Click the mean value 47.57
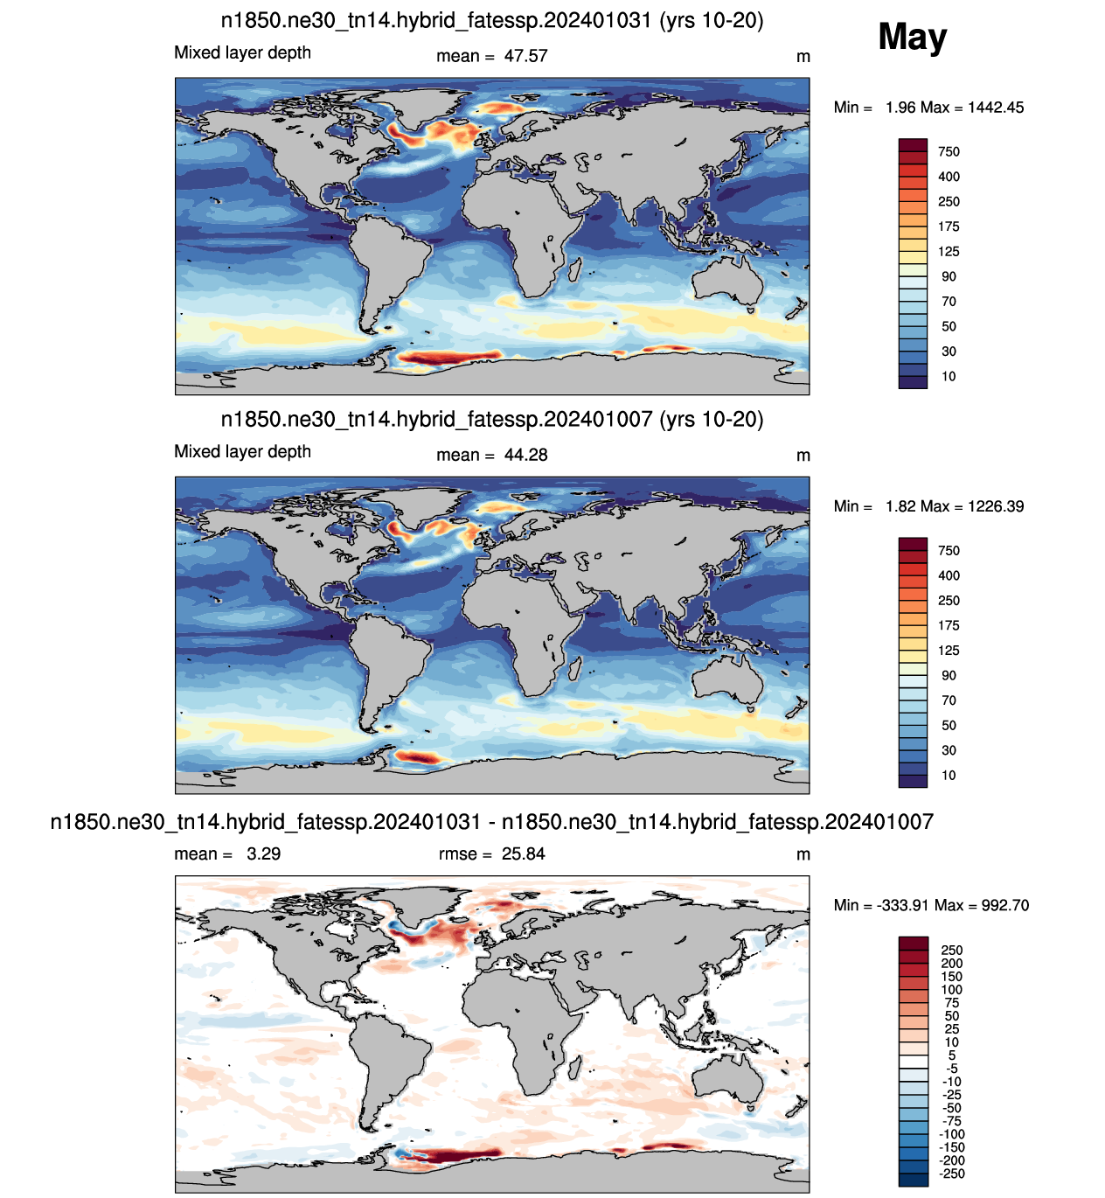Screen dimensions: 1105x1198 (x=525, y=56)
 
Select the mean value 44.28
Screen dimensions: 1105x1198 (x=525, y=455)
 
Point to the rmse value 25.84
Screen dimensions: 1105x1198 (x=523, y=853)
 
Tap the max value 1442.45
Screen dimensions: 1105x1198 (x=995, y=108)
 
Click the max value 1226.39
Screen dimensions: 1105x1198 (x=995, y=506)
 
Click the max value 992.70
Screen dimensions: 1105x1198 (x=1004, y=905)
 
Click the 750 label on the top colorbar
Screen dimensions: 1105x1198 (x=949, y=151)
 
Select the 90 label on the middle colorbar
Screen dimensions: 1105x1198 (x=949, y=675)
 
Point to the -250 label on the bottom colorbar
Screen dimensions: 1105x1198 (x=951, y=1174)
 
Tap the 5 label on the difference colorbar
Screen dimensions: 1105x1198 (x=951, y=1055)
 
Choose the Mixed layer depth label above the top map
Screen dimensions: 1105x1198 (x=242, y=53)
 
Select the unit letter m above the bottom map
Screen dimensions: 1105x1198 (x=803, y=854)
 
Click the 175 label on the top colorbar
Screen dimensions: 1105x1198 (x=949, y=226)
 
